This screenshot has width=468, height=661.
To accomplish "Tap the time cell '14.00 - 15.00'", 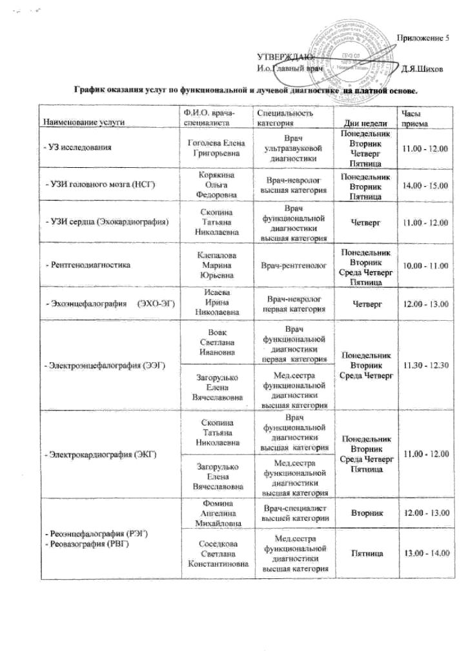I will (425, 186).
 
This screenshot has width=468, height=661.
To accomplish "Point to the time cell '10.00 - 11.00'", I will (425, 265).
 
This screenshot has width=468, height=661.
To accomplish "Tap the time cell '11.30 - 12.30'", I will (425, 365).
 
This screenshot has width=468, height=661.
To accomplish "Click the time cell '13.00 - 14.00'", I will (425, 553).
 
